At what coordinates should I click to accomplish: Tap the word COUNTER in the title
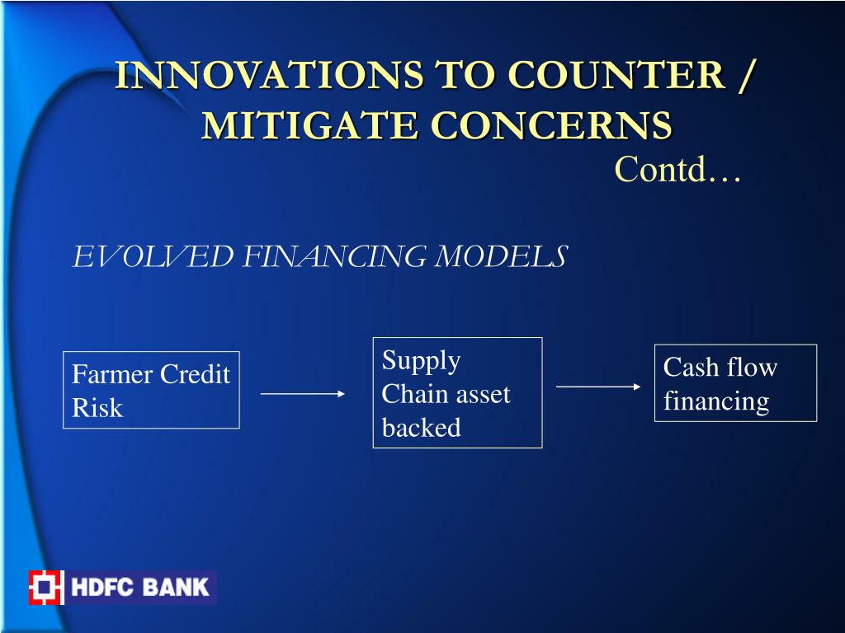tap(616, 74)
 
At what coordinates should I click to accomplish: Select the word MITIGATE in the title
tap(309, 125)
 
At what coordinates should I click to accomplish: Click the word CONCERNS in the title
tap(551, 125)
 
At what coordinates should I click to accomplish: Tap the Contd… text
tap(677, 169)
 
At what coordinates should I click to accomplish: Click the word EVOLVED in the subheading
tap(153, 256)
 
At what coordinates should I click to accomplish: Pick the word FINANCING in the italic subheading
tap(334, 256)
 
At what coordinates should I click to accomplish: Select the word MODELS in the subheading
tap(501, 256)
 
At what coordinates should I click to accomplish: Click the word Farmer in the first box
tap(112, 374)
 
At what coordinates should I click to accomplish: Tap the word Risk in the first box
tap(97, 407)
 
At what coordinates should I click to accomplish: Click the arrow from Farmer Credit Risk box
tap(303, 394)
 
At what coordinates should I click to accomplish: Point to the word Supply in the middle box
tap(421, 361)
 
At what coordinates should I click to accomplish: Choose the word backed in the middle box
tap(421, 428)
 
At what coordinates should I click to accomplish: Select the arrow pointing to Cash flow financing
tap(598, 387)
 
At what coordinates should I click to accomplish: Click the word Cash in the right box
tap(691, 367)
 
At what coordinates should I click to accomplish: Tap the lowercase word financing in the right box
tap(716, 402)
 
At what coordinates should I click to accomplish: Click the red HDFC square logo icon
tap(46, 587)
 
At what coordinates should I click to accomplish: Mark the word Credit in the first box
tap(195, 374)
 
